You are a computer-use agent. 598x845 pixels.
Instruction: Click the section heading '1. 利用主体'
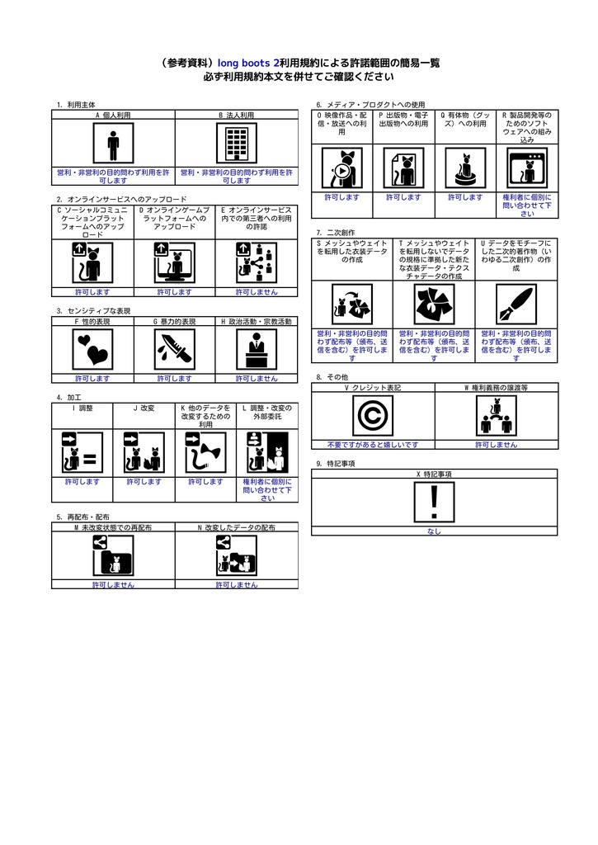coord(76,105)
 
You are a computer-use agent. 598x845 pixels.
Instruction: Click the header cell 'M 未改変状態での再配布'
coord(113,526)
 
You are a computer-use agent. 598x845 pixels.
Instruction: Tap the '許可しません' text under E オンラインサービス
coord(257,292)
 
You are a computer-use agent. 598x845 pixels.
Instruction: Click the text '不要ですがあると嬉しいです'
coord(373,444)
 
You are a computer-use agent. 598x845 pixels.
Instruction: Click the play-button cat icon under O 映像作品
coord(341,169)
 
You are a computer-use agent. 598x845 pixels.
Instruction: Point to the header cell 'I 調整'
coord(82,408)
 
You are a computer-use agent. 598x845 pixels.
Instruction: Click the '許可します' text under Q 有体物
coord(465,197)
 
